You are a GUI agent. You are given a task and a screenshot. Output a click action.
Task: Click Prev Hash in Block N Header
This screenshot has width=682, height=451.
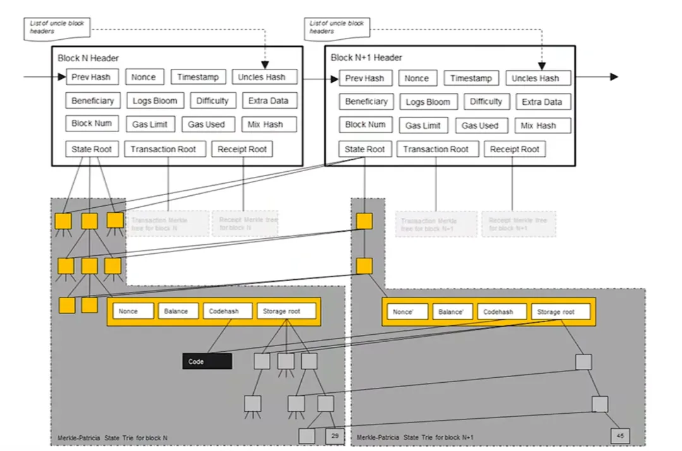[x=92, y=77]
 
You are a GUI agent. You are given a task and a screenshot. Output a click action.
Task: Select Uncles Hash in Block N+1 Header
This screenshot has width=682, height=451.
[x=538, y=78]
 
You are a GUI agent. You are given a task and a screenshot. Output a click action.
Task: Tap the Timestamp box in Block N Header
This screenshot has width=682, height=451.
[x=198, y=77]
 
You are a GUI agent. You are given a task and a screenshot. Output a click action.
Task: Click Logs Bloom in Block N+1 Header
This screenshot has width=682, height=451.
[x=428, y=102]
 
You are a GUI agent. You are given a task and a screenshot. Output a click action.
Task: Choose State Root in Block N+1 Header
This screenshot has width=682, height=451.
[x=365, y=149]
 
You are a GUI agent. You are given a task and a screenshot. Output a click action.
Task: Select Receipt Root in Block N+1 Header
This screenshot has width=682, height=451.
[x=515, y=149]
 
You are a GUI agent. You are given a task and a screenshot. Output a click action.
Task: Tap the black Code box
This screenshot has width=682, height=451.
[x=207, y=361]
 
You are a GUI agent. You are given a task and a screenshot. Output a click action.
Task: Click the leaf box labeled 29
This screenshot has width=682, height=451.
[x=335, y=436]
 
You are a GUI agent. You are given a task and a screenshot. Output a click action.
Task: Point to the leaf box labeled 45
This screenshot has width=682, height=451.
[x=620, y=436]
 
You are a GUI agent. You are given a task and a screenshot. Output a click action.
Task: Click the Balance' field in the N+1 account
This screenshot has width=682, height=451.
[x=452, y=312]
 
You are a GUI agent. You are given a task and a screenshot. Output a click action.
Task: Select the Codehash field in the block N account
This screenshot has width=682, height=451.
[x=227, y=311]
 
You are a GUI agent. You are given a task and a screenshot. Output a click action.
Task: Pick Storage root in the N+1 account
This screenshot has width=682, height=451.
[x=561, y=312]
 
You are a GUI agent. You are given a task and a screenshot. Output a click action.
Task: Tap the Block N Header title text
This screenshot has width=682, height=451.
[x=88, y=58]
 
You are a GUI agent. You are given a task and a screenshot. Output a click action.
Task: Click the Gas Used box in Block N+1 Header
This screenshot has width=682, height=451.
[x=480, y=126]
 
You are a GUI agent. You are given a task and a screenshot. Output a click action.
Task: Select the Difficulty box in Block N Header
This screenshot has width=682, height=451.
[x=212, y=100]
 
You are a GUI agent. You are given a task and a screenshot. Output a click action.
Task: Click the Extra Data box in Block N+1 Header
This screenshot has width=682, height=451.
[x=542, y=102]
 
